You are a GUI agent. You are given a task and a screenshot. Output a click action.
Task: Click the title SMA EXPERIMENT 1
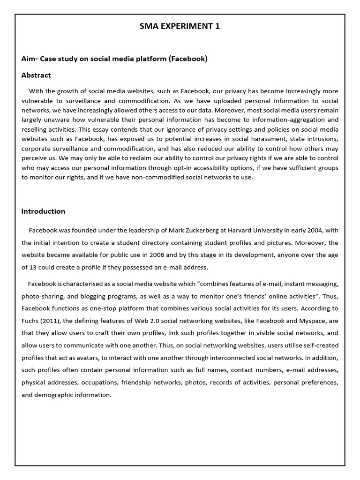coord(180,26)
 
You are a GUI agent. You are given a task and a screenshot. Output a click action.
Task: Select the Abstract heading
coord(36,75)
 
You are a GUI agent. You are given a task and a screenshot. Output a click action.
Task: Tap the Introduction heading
coord(43,211)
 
